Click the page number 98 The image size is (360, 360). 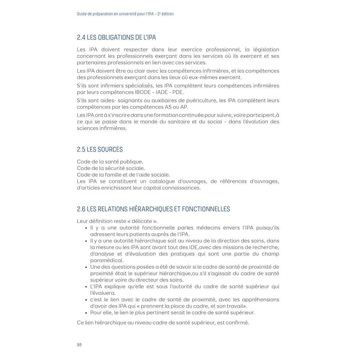pyautogui.click(x=79, y=345)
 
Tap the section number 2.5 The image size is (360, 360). pyautogui.click(x=81, y=149)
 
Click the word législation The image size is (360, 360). pyautogui.click(x=262, y=49)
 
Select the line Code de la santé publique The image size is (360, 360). pyautogui.click(x=110, y=162)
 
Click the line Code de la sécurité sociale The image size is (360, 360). pyautogui.click(x=111, y=168)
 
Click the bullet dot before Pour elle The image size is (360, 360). pyautogui.click(x=86, y=313)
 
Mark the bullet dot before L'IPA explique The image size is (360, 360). pyautogui.click(x=86, y=286)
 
